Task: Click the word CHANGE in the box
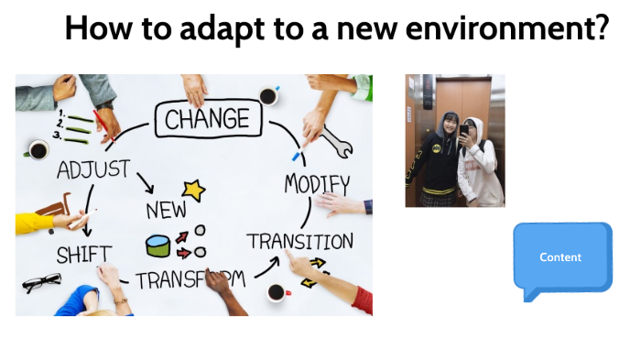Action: (x=207, y=119)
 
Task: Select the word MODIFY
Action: (x=317, y=182)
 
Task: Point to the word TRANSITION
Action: (x=299, y=241)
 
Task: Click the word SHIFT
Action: (x=84, y=254)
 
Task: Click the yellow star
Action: (x=193, y=190)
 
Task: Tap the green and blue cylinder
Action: (x=158, y=245)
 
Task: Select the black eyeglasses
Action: (x=41, y=281)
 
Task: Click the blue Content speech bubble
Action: (x=561, y=258)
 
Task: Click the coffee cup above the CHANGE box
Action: (x=268, y=95)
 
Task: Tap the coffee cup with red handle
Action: (x=277, y=293)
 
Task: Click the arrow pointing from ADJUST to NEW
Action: (x=145, y=183)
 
